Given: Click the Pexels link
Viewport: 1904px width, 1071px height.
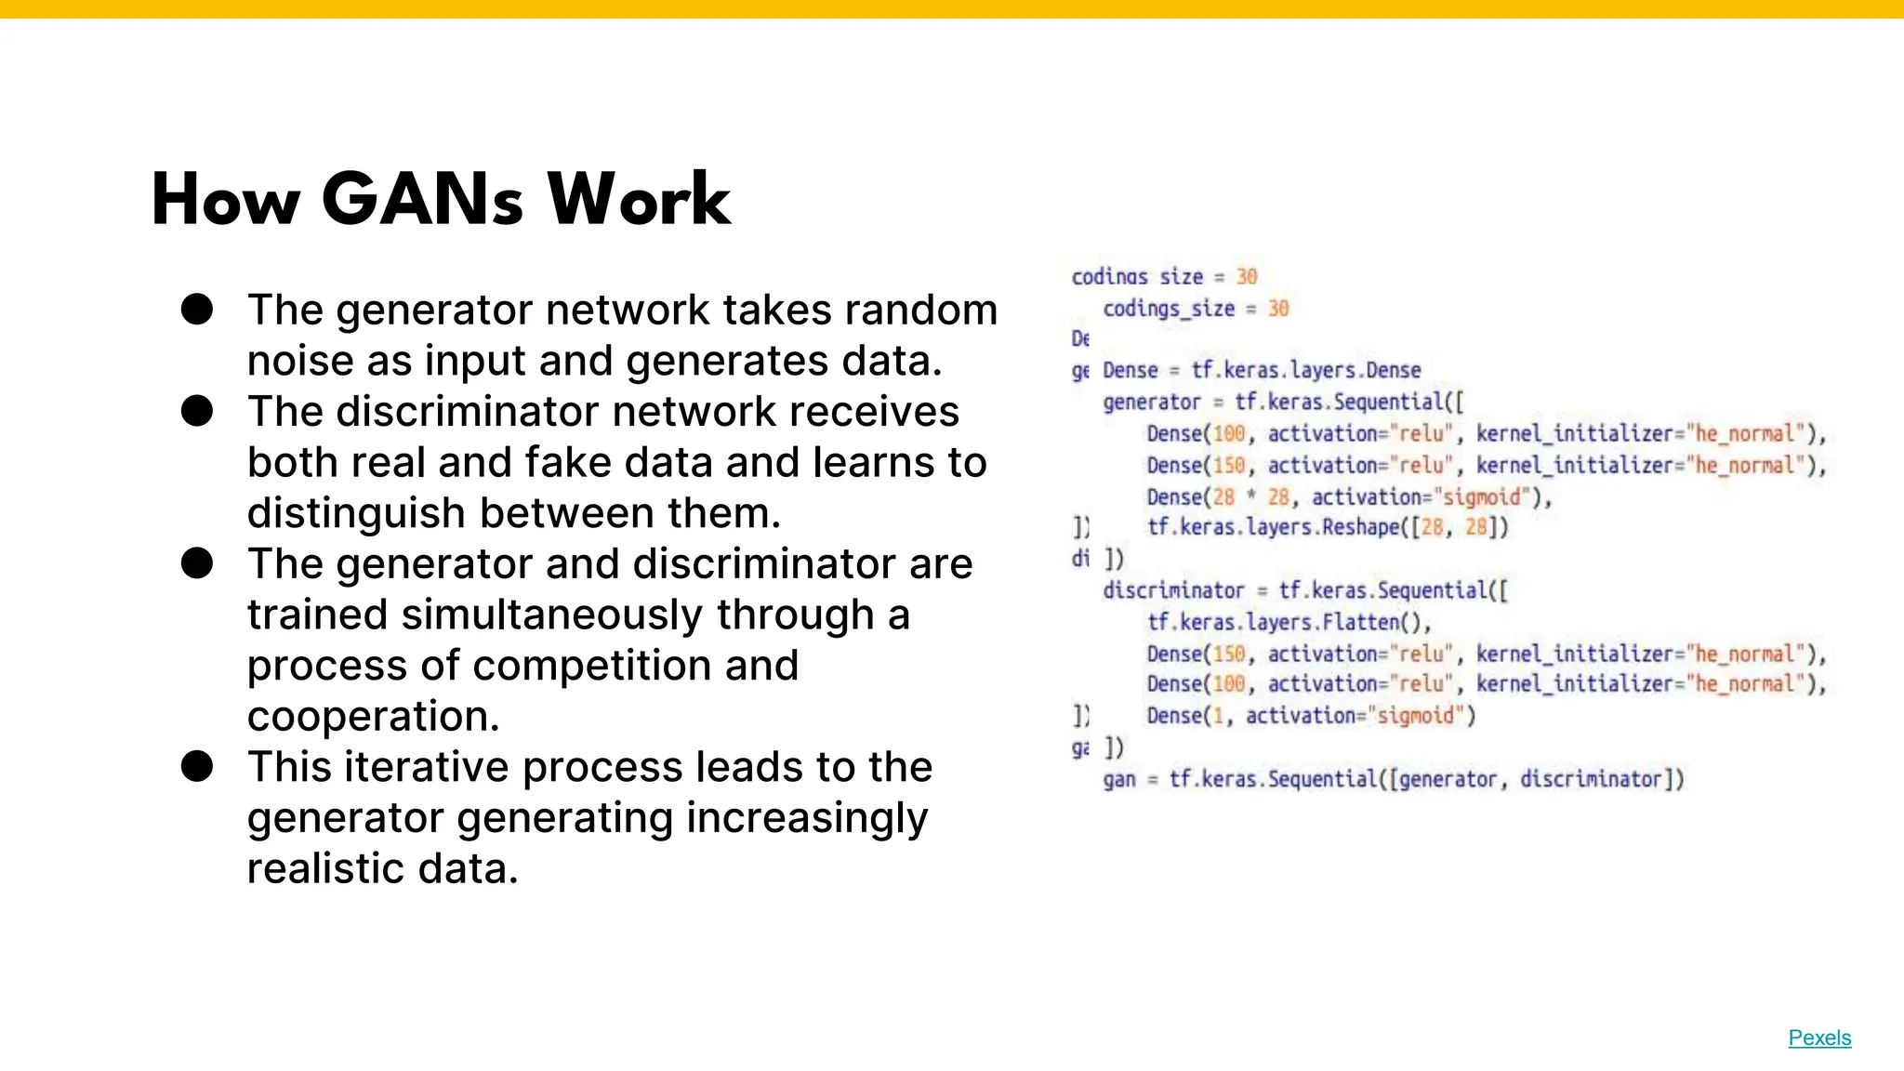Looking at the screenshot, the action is pos(1819,1038).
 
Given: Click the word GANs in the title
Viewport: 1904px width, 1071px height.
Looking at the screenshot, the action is pos(423,200).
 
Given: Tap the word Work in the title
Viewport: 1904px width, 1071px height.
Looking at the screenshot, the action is pos(639,200).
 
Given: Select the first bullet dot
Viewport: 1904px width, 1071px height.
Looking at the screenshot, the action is pos(197,310).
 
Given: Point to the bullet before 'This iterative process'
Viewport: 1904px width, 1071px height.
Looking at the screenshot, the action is pos(197,767).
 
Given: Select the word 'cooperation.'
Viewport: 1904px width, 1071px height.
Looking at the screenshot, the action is pos(373,716).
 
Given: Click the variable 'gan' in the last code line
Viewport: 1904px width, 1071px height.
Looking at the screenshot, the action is pos(1119,779).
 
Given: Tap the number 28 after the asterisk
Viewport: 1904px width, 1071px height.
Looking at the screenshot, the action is pos(1278,497).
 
